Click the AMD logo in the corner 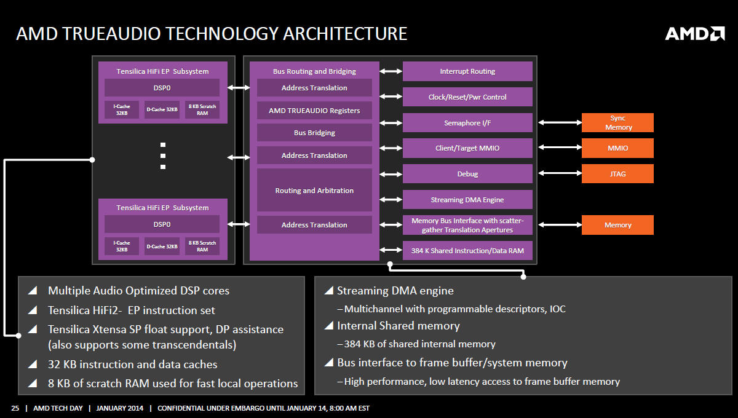[695, 34]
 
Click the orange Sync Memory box [617, 122]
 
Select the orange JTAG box [617, 173]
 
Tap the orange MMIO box [617, 148]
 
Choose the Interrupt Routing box [467, 71]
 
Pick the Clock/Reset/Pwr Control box [467, 97]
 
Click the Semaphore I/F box [467, 122]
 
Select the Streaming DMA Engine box [467, 199]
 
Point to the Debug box [467, 173]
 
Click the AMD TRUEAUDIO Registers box [314, 111]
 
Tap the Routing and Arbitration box [314, 190]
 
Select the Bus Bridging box [314, 132]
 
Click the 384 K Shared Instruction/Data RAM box [467, 250]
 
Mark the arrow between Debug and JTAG [560, 173]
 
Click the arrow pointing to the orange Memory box [560, 224]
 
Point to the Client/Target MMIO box [467, 148]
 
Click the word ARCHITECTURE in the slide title [345, 34]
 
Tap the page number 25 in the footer [15, 408]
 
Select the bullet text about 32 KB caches [132, 365]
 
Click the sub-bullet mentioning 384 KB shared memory [416, 344]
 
